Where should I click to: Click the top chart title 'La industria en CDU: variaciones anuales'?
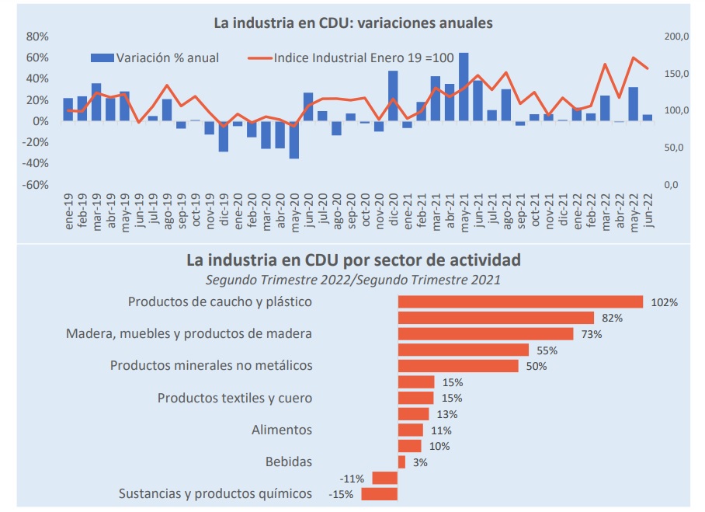tap(353, 23)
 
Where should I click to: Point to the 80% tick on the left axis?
tap(38, 37)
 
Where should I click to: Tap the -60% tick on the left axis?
tap(36, 185)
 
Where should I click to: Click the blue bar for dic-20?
tap(393, 96)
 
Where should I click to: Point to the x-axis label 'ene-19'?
tap(68, 211)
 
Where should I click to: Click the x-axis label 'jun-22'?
tap(648, 211)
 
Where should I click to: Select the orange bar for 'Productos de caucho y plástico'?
tap(520, 301)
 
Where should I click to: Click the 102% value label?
tap(665, 302)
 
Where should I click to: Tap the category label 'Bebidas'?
tap(288, 461)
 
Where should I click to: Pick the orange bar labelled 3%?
tap(401, 462)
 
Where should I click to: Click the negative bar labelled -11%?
tap(385, 478)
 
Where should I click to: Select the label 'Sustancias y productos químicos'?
tap(215, 493)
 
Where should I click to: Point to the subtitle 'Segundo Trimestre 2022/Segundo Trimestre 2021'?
tap(353, 278)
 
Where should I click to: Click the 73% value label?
tap(592, 334)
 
